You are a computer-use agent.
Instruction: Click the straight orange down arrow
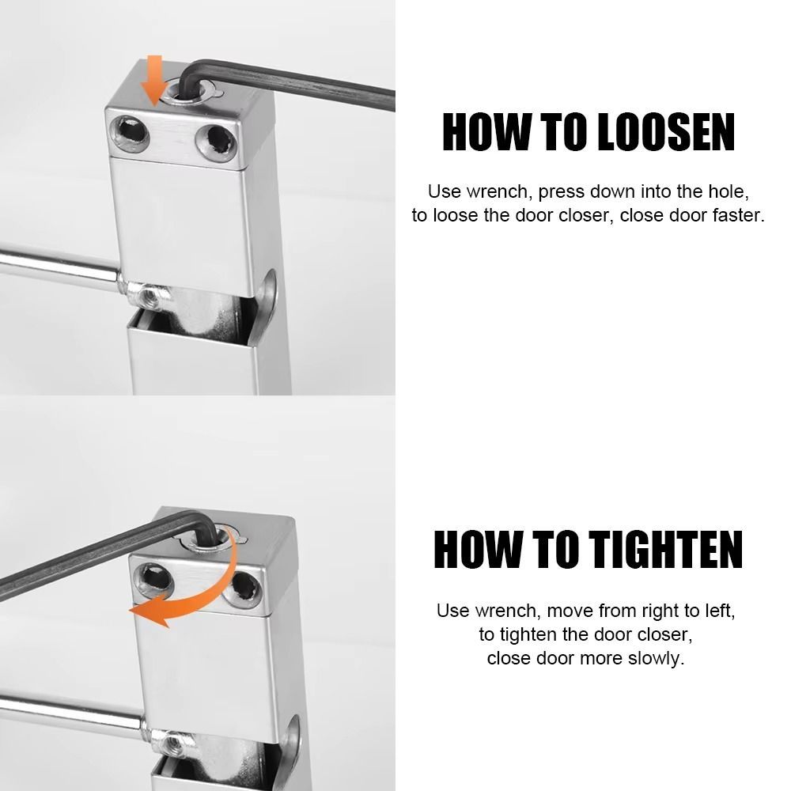pos(153,80)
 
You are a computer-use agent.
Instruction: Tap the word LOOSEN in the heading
pos(665,132)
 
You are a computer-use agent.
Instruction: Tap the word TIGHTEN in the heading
pos(666,550)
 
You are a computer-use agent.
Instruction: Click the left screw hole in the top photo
pos(131,133)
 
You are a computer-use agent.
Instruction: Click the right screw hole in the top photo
pos(217,143)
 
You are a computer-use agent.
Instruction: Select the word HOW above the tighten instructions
pos(477,550)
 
